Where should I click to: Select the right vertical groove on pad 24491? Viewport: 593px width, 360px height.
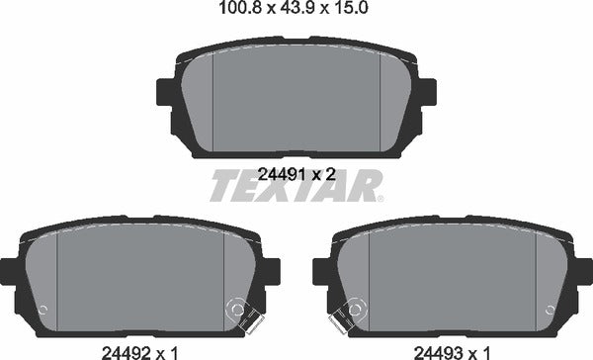point(381,99)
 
